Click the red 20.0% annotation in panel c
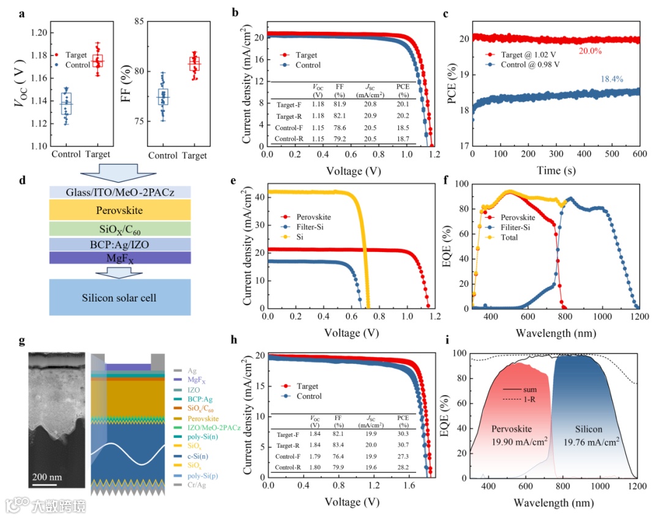pos(591,53)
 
